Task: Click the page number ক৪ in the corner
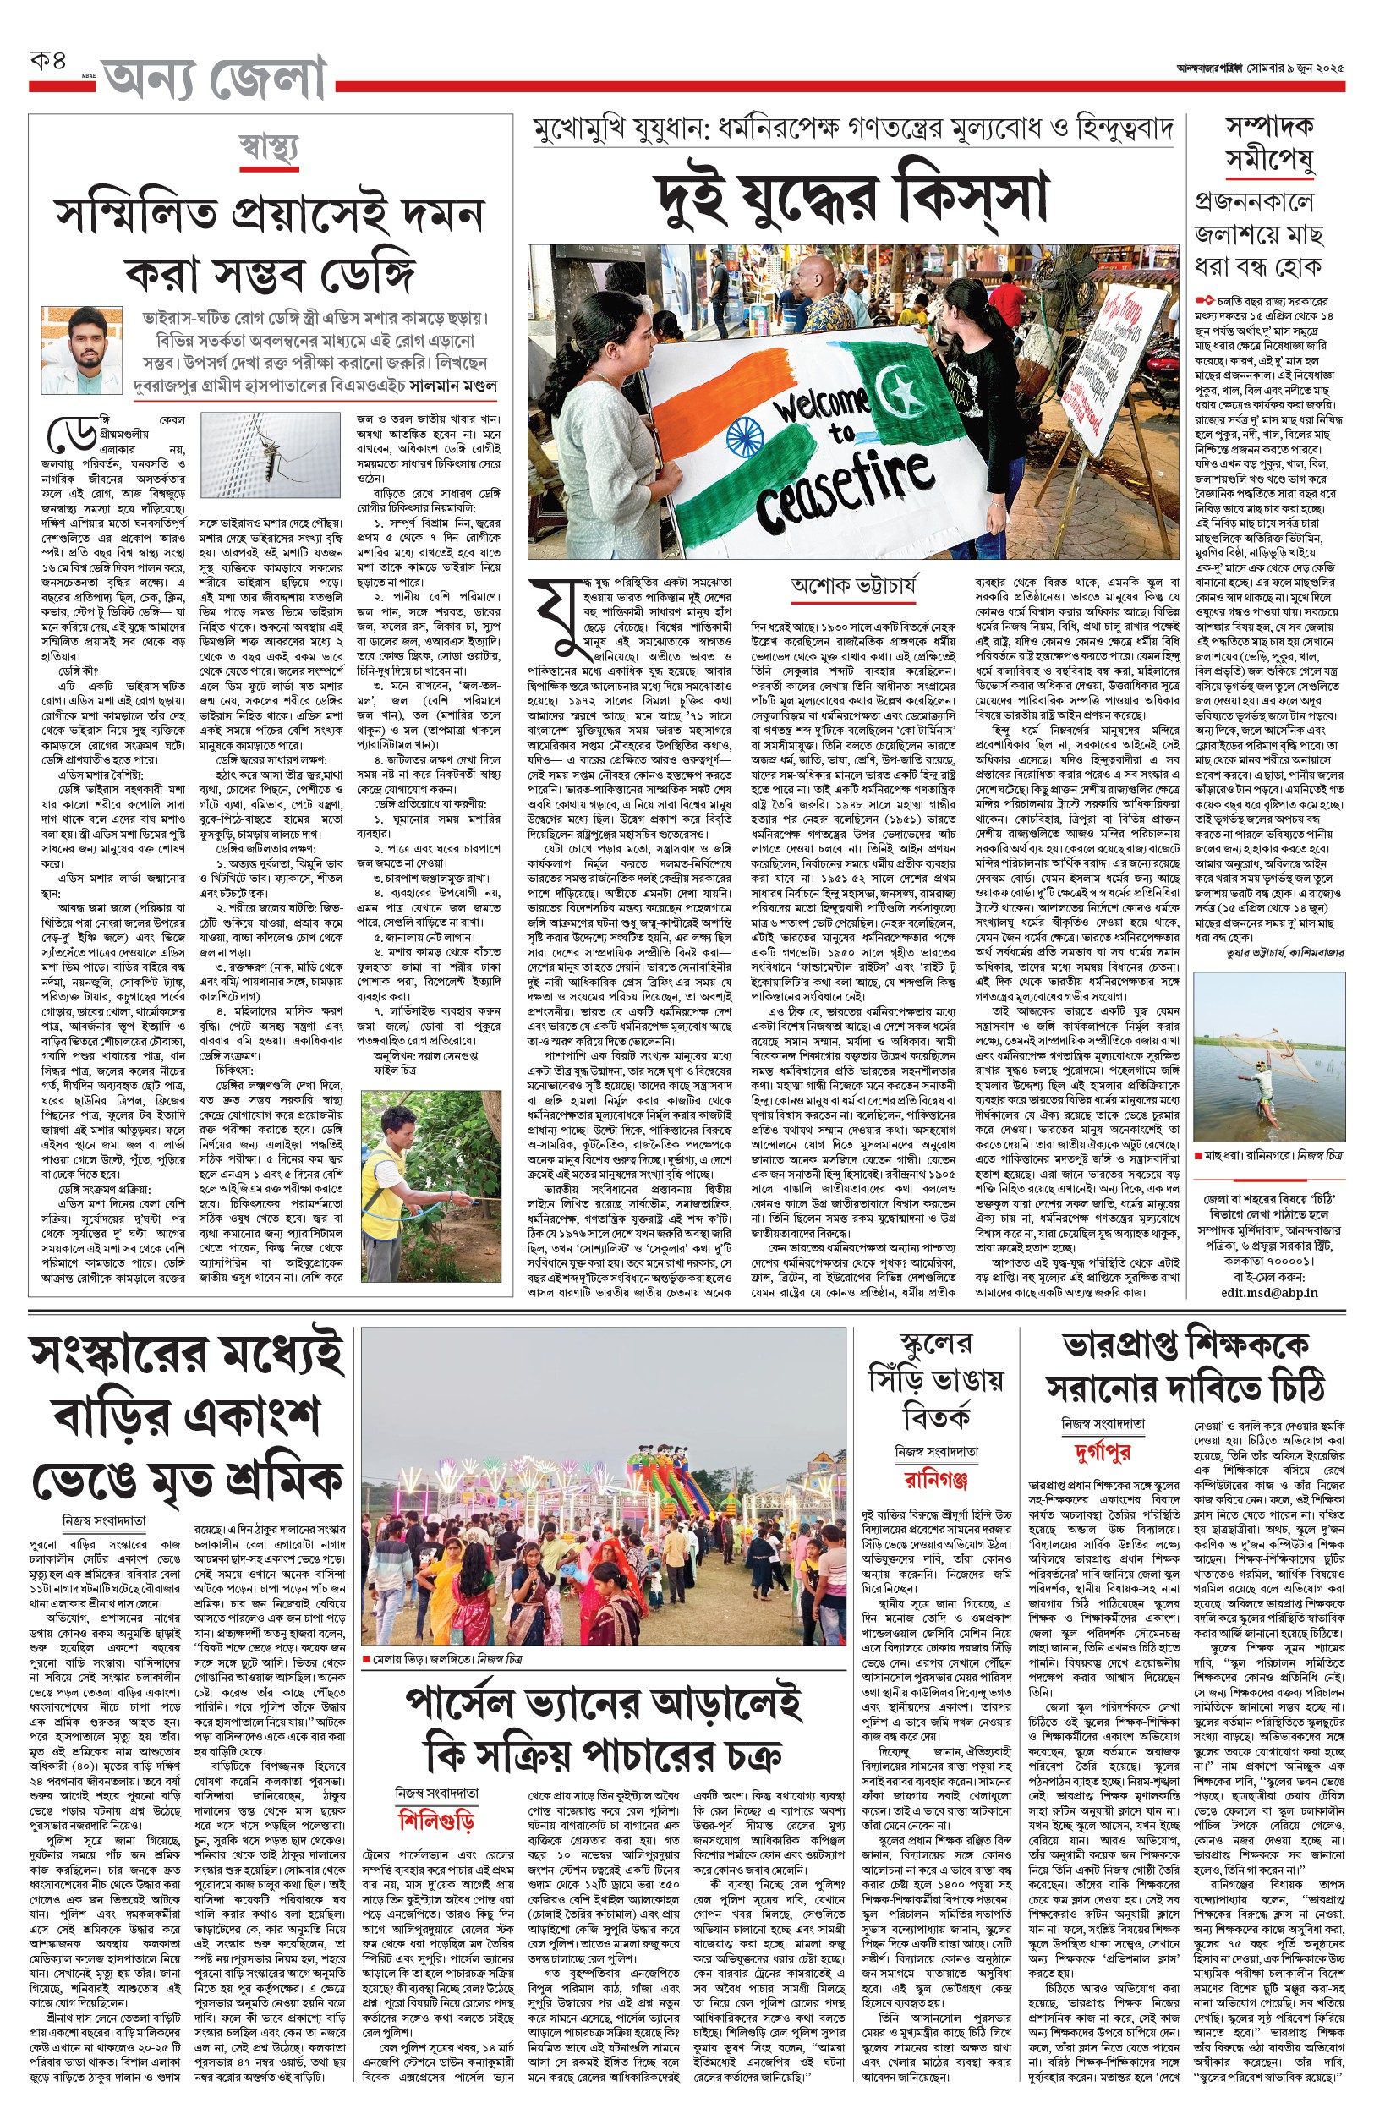(x=48, y=63)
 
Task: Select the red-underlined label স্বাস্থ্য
(x=268, y=147)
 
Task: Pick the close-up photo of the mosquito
(x=270, y=453)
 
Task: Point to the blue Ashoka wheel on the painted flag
(x=744, y=438)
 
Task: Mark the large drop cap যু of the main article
(x=554, y=616)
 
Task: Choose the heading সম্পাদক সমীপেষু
(x=1267, y=144)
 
